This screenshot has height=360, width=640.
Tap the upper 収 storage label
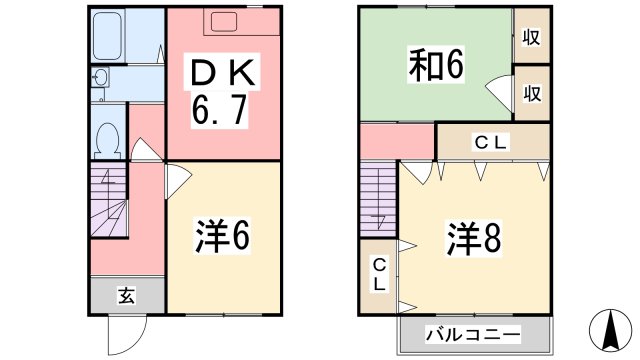coord(531,38)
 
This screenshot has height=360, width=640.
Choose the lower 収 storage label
coord(531,93)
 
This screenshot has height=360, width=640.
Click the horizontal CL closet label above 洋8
coord(491,143)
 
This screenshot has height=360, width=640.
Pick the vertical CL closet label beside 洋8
coord(380,273)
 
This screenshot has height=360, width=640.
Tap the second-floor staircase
coord(378,201)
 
